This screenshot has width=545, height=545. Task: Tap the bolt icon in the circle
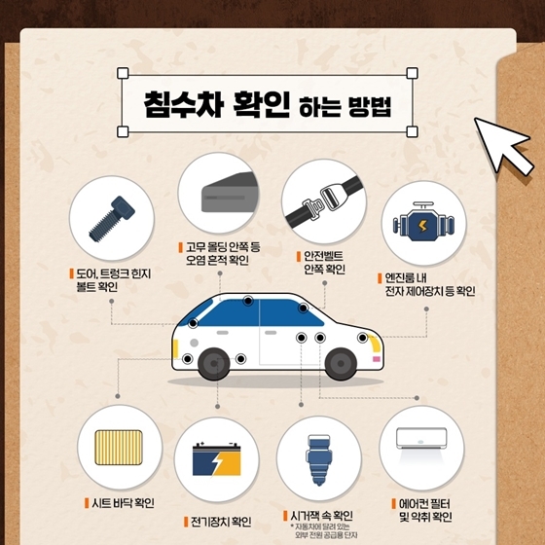[x=109, y=220]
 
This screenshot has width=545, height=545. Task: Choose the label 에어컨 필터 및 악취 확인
[x=426, y=510]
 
